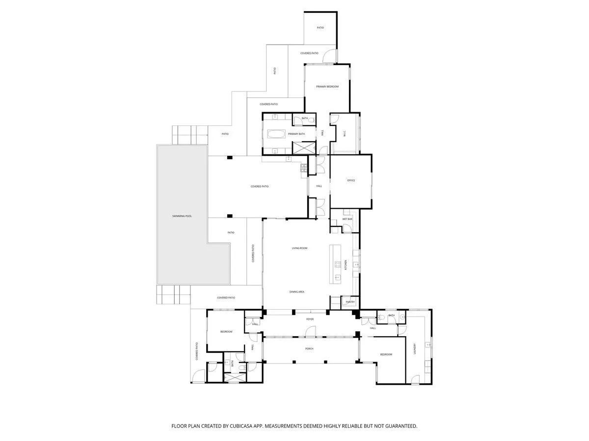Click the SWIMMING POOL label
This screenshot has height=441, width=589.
pos(182,216)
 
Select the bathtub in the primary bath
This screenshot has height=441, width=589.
pos(275,134)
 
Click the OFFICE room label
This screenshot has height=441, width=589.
pos(351,180)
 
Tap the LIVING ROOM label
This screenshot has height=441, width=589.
pos(299,248)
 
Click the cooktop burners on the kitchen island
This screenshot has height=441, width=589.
pos(338,265)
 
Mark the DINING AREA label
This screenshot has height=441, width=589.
pos(297,292)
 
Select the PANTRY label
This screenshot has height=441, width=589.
pos(350,302)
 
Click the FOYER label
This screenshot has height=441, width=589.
pos(310,319)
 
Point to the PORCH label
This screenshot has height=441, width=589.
pos(309,349)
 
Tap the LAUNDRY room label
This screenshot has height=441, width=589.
pos(415,348)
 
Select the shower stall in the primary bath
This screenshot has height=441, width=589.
pos(304,147)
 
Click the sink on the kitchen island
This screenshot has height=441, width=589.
pos(338,277)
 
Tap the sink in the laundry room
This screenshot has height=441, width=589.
pos(428,345)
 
